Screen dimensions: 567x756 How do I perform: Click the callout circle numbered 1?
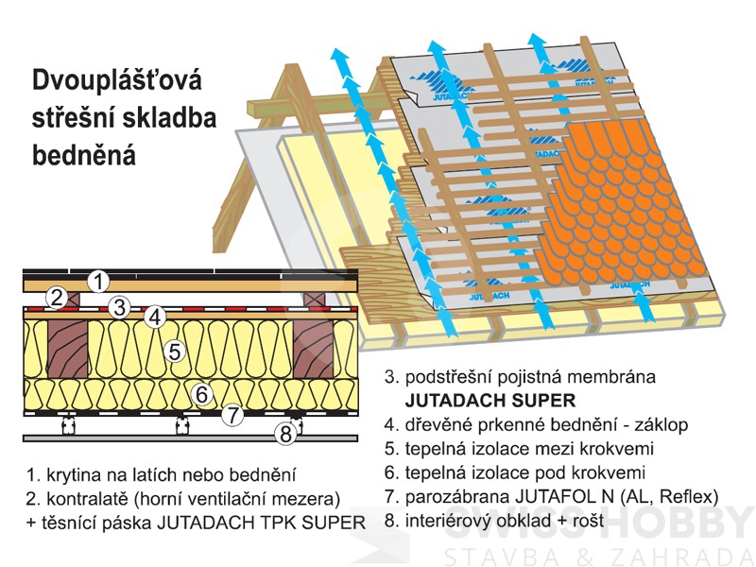coord(98,281)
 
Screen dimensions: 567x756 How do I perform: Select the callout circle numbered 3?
coord(118,307)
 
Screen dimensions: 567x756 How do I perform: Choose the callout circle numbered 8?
coord(286,435)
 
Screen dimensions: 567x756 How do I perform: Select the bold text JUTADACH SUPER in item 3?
coord(483,399)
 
